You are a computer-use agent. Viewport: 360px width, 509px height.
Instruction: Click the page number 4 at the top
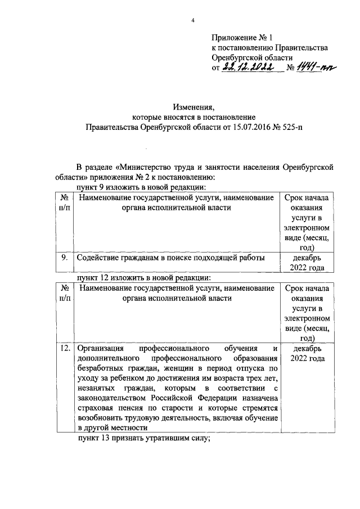tap(192, 21)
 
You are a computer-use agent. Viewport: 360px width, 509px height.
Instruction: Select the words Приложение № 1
tap(241, 38)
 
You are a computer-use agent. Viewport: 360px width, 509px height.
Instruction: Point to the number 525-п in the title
tap(297, 127)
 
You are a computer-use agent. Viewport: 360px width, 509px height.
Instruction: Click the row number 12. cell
tap(65, 349)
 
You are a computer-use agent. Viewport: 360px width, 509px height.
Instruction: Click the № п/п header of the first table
tap(65, 202)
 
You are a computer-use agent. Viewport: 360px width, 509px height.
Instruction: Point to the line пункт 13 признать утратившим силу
tap(143, 440)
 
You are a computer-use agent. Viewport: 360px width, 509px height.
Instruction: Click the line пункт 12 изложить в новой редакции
tap(143, 278)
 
